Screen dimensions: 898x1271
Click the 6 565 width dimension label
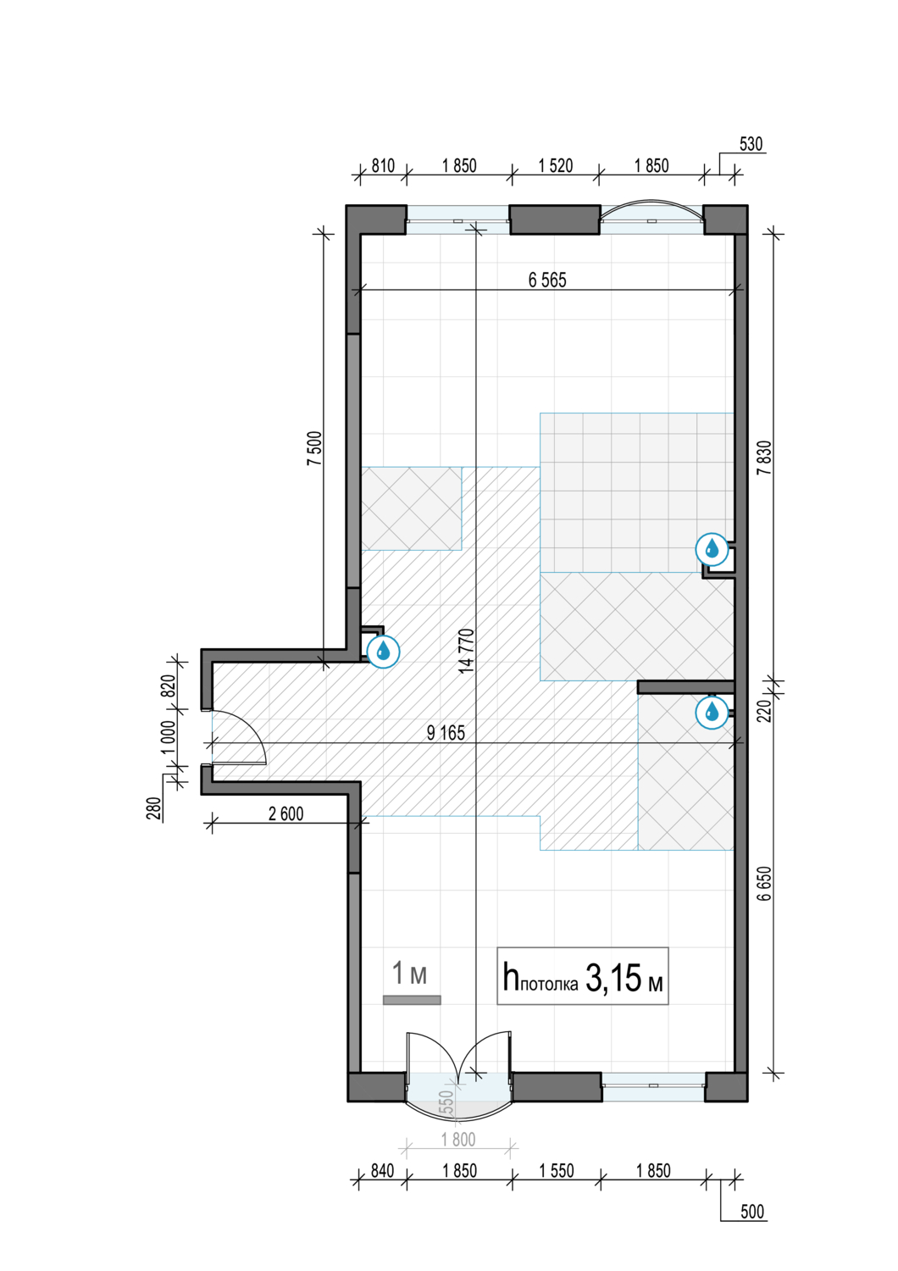tap(547, 280)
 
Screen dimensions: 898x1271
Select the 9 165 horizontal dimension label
tap(446, 733)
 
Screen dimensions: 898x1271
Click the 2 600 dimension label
tap(285, 813)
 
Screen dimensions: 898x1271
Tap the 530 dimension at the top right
tap(751, 144)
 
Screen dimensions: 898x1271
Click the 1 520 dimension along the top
tap(556, 166)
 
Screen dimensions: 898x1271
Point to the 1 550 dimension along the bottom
tap(557, 1170)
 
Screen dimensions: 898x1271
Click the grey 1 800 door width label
tap(458, 1140)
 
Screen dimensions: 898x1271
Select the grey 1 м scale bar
tap(412, 1000)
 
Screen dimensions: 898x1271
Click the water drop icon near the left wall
tap(383, 652)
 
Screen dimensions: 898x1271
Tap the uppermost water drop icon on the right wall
tap(712, 549)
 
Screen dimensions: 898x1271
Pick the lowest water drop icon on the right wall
tap(712, 713)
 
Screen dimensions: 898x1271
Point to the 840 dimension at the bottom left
tap(382, 1170)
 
